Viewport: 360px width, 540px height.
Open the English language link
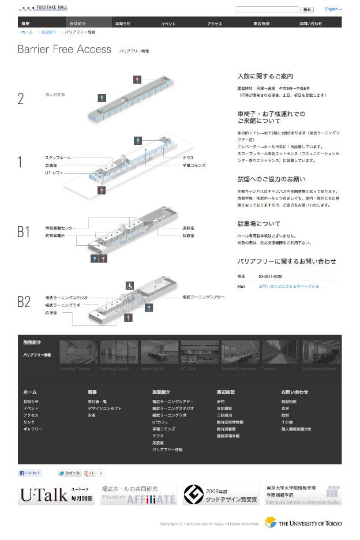[333, 9]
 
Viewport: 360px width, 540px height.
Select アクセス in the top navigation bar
[215, 24]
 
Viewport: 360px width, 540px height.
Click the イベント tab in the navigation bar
[168, 24]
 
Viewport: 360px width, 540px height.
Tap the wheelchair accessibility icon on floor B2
[130, 285]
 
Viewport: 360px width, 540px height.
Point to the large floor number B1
[24, 232]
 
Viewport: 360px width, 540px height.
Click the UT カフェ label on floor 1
[54, 172]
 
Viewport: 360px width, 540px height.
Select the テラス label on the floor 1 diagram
[188, 157]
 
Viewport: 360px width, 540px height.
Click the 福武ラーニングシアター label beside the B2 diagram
[204, 297]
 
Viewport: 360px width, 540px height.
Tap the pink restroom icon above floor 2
[137, 80]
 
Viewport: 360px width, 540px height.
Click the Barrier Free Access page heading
[64, 50]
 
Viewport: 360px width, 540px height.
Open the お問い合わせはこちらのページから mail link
[288, 286]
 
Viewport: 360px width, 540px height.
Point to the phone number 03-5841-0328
[270, 276]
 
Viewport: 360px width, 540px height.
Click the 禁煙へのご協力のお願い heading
[271, 179]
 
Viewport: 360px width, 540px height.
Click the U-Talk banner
[56, 495]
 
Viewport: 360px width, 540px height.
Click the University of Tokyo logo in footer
[303, 523]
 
